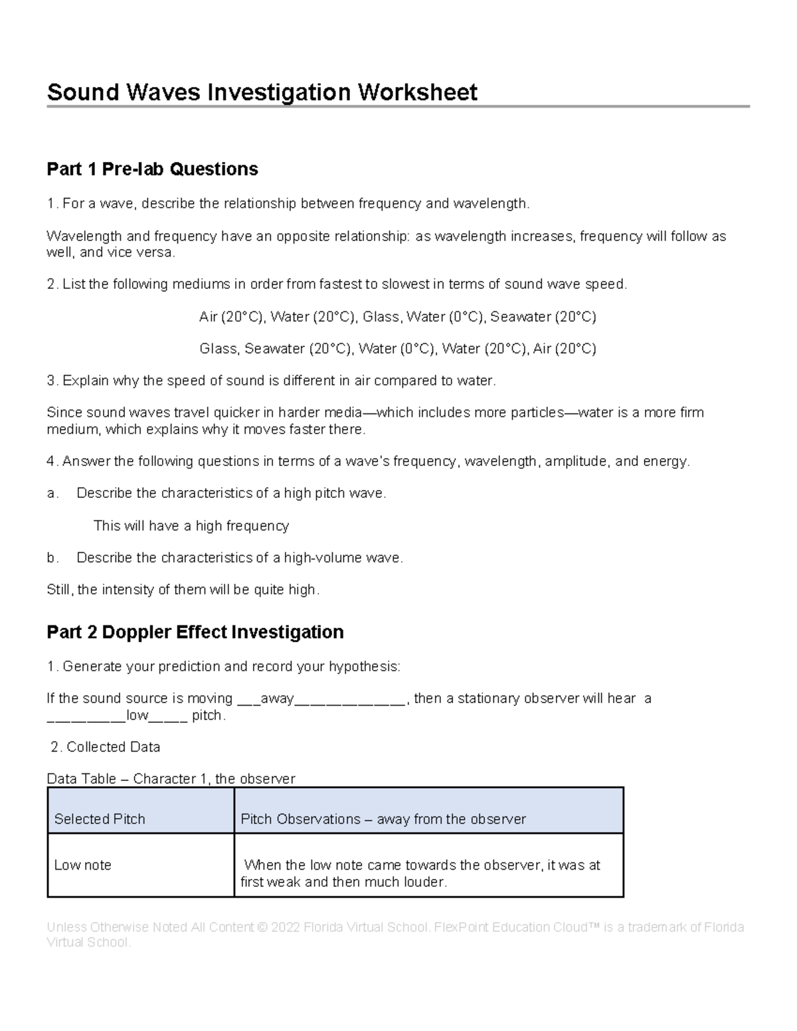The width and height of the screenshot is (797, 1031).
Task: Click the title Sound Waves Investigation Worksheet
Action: point(262,92)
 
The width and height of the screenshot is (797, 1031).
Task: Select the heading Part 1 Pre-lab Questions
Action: point(152,169)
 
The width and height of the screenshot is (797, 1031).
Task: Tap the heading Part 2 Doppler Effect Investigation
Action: point(195,632)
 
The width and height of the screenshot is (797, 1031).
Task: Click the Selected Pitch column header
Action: point(100,819)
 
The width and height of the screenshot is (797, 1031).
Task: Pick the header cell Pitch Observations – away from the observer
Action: point(383,819)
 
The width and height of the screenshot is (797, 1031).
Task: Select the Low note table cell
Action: point(82,865)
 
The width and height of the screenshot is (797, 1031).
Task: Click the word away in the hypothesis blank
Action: point(277,698)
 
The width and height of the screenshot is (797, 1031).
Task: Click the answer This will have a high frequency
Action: point(191,526)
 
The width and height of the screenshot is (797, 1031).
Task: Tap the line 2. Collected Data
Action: point(106,747)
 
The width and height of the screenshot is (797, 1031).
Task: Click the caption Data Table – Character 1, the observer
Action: point(171,779)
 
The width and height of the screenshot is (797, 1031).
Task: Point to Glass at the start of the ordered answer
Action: point(219,349)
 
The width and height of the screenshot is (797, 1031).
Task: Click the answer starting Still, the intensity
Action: point(183,590)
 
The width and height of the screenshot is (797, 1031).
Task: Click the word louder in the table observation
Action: point(426,882)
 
